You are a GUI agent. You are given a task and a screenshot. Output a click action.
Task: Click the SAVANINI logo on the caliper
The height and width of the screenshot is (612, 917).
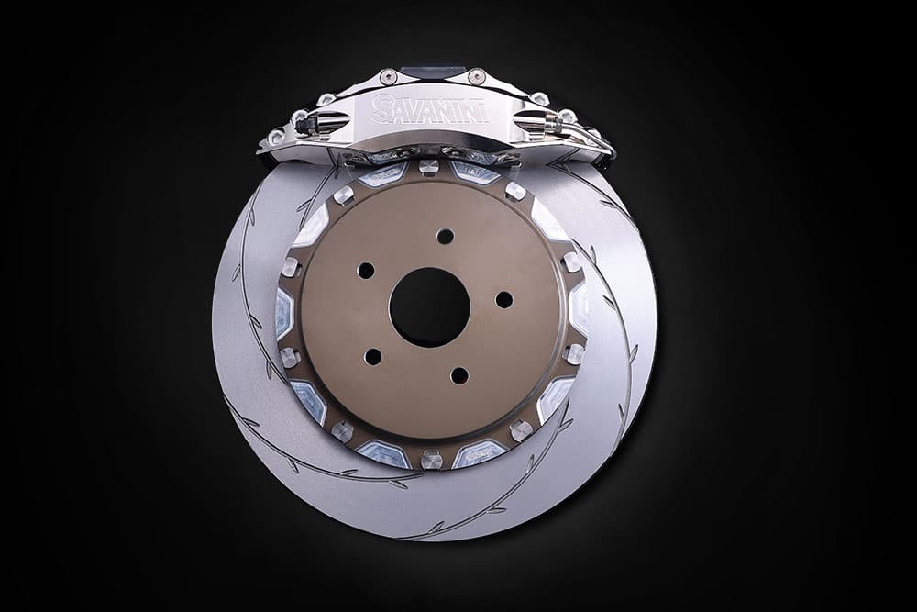pos(431,109)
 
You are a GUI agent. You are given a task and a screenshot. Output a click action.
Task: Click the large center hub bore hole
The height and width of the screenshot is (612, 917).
pos(430,306)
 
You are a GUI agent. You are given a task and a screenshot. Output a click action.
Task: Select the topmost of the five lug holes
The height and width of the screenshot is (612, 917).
pos(445,237)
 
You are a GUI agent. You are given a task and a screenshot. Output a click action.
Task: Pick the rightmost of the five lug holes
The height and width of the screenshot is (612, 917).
pos(503,299)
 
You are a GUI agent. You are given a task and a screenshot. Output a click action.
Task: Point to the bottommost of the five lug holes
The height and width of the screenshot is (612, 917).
pos(459,375)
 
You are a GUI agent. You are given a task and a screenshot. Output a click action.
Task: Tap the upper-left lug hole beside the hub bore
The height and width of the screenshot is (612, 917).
pos(366,271)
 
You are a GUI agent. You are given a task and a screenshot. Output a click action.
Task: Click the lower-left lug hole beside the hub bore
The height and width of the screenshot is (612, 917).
pos(372,356)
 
